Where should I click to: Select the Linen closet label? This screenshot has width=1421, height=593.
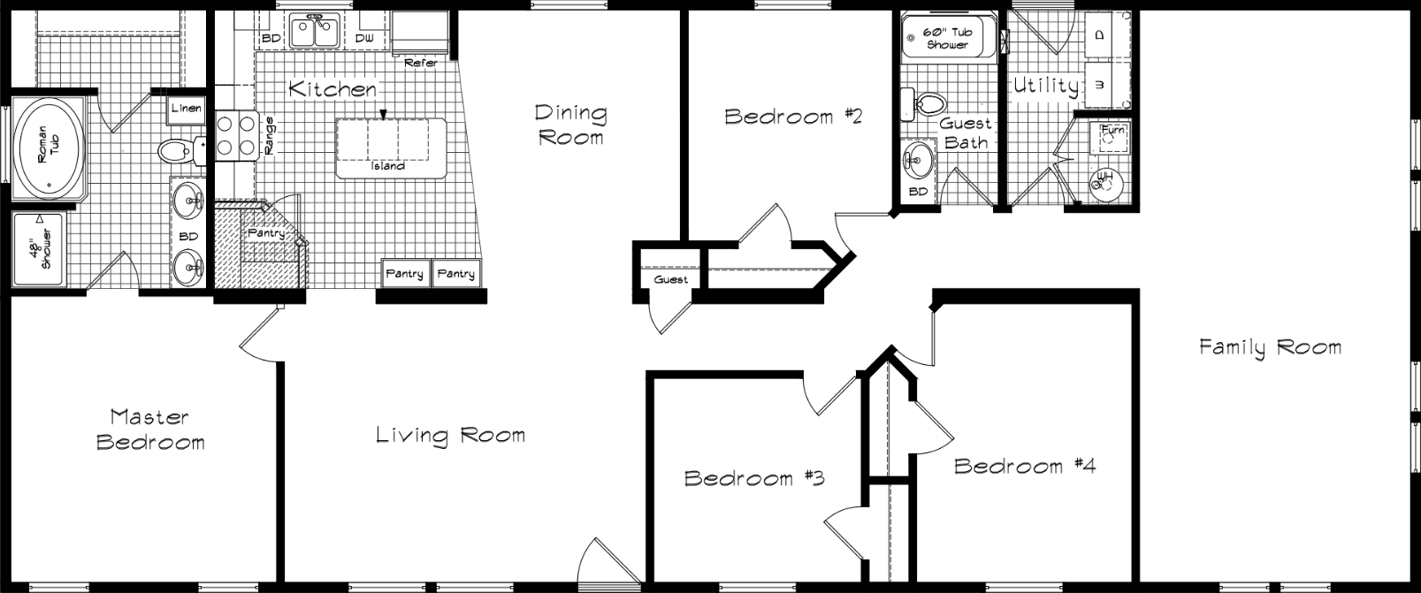click(187, 109)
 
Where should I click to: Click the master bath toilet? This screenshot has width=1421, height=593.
click(177, 151)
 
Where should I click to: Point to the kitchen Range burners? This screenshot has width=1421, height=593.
click(236, 134)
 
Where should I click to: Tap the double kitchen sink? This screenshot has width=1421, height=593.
click(316, 33)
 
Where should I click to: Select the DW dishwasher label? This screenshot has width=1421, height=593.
click(364, 39)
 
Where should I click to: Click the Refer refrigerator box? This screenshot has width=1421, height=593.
click(420, 35)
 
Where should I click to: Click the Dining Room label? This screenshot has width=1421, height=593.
click(571, 125)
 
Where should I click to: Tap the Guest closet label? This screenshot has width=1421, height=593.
click(670, 280)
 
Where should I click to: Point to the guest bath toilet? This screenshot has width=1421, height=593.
click(919, 104)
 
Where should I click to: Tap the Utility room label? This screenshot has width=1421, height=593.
click(1046, 87)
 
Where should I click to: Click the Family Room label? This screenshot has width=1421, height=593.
click(1270, 347)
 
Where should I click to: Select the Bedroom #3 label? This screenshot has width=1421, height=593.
click(754, 478)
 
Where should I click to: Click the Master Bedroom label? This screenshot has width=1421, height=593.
click(150, 429)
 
